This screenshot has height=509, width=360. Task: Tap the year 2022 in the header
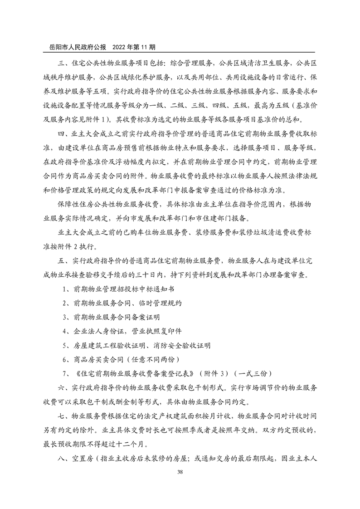[120, 47]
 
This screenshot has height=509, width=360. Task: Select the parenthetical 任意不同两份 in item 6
[148, 360]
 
